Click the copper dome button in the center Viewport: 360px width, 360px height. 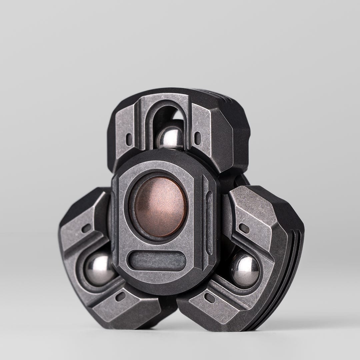click(x=160, y=206)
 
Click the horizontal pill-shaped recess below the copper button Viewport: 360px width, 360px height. click(x=157, y=261)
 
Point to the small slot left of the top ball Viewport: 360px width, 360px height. click(x=129, y=139)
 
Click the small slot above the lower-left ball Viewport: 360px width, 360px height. click(x=86, y=228)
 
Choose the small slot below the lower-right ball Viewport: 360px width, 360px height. click(x=210, y=298)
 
